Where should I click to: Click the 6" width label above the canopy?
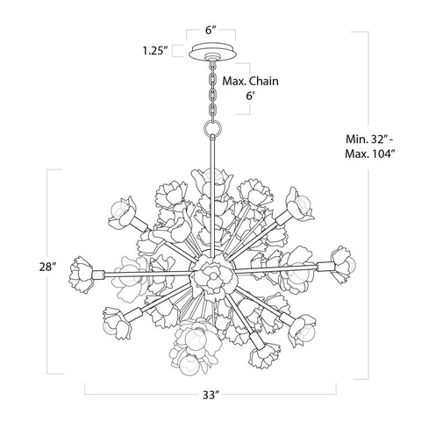210,29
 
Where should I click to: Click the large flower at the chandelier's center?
210,273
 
